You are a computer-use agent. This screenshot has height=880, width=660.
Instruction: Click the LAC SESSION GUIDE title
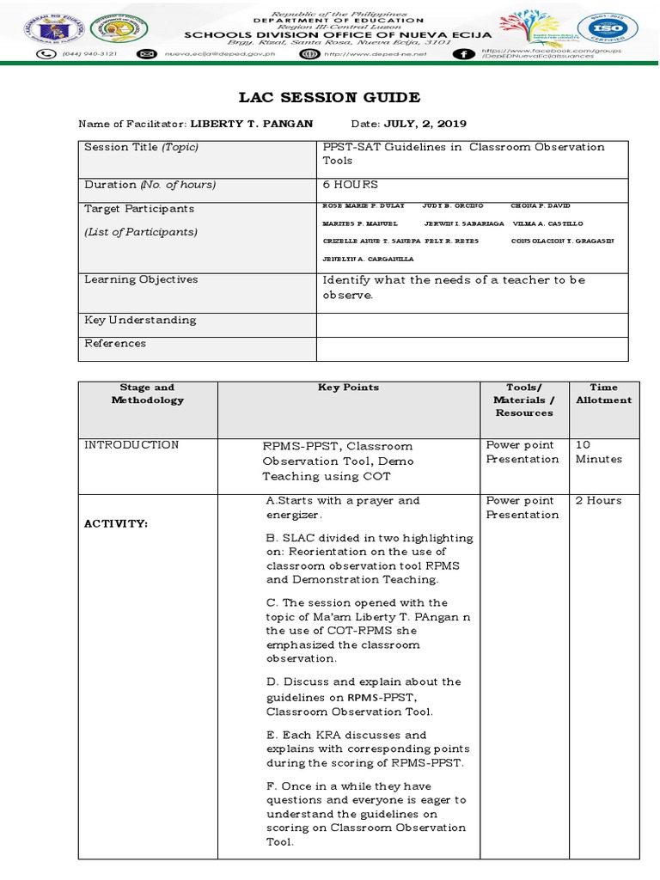pyautogui.click(x=330, y=97)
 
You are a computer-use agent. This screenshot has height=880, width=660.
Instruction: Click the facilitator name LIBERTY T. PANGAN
pyautogui.click(x=251, y=124)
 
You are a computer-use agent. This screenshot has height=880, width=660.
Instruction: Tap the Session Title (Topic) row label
pyautogui.click(x=141, y=147)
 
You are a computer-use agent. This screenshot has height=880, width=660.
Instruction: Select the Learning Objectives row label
pyautogui.click(x=141, y=279)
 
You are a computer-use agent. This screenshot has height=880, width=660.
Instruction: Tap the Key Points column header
pyautogui.click(x=348, y=388)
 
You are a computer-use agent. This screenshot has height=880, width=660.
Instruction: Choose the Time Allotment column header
pyautogui.click(x=603, y=394)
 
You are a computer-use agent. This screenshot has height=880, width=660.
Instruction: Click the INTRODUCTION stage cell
pyautogui.click(x=131, y=445)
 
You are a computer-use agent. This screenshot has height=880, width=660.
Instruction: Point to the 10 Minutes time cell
pyautogui.click(x=593, y=452)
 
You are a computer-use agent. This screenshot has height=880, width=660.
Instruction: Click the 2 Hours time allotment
pyautogui.click(x=599, y=501)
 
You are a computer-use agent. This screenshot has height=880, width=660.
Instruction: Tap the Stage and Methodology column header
pyautogui.click(x=147, y=394)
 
